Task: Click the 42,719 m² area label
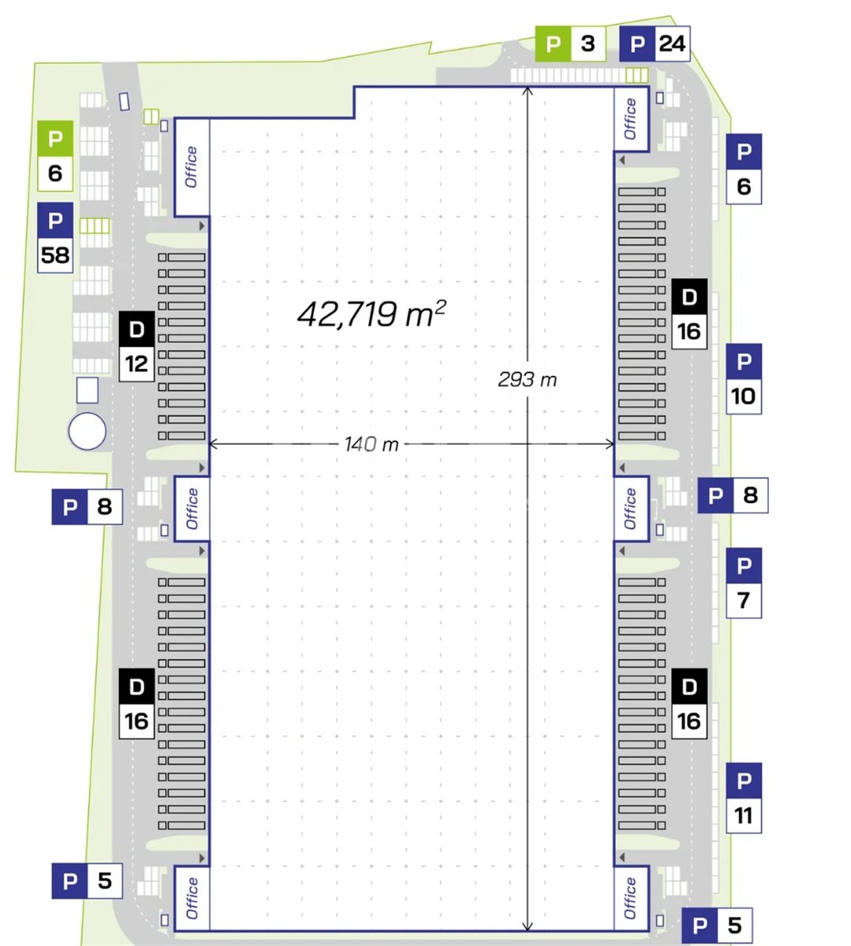click(x=371, y=314)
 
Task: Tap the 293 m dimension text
click(x=527, y=380)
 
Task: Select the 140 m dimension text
click(x=371, y=445)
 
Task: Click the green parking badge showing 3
click(x=570, y=44)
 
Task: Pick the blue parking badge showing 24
click(x=655, y=44)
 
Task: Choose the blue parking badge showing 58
click(x=55, y=237)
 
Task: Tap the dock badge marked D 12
click(x=136, y=346)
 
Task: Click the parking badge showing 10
click(x=744, y=378)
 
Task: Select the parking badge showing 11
click(x=744, y=798)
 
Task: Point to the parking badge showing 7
click(x=744, y=583)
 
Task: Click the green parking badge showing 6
click(x=55, y=155)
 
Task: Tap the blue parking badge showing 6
click(x=744, y=169)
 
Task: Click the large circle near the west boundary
click(x=88, y=431)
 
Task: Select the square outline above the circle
click(x=88, y=390)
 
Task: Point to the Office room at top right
click(x=632, y=119)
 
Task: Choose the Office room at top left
click(x=192, y=167)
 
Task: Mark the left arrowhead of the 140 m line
click(x=212, y=444)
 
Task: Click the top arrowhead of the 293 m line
click(x=527, y=90)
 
